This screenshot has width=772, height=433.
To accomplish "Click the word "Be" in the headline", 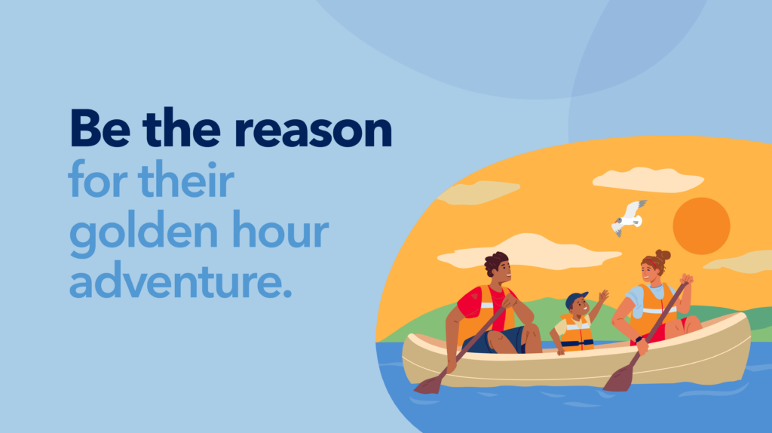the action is [x=100, y=128].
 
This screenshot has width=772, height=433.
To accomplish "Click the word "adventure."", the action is [x=181, y=280].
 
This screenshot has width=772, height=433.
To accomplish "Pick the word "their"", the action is [x=187, y=178].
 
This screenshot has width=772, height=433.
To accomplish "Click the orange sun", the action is [x=701, y=226].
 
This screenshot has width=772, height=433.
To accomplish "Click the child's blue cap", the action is [x=575, y=299].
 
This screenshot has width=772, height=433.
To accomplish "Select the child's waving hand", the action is [x=604, y=296].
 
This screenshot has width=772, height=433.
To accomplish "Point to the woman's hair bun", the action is [x=663, y=256].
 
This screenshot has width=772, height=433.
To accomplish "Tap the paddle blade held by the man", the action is [x=428, y=384].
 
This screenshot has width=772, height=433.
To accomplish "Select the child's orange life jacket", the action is [x=577, y=333].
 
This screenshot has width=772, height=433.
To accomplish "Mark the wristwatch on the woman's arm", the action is [x=639, y=339].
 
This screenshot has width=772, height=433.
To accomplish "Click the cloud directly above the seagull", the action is [x=648, y=180].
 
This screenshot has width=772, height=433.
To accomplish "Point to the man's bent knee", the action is [x=532, y=330].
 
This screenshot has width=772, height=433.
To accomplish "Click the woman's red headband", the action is [x=651, y=262].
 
